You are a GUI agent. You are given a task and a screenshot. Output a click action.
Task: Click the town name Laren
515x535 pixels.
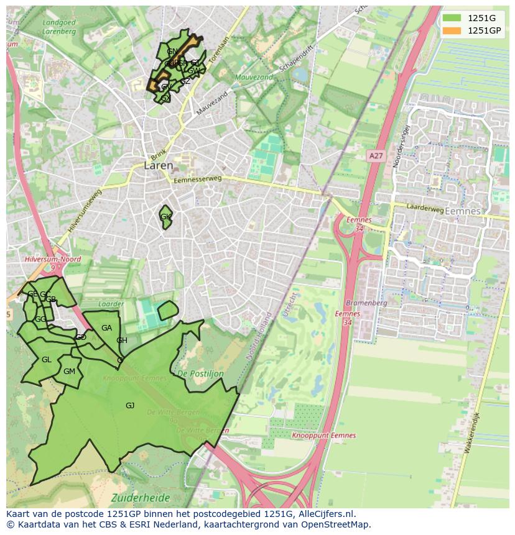158,166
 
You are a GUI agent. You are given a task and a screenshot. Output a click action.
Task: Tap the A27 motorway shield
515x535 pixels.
375,156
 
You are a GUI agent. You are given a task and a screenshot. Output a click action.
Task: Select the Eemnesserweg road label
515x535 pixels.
197,179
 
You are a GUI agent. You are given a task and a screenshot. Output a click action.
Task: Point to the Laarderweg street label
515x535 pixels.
426,209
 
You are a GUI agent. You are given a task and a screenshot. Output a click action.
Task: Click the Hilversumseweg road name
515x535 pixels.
85,212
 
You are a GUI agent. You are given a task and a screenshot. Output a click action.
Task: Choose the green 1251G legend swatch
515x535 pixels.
452,18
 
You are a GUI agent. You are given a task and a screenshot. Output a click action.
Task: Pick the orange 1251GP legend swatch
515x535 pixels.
452,30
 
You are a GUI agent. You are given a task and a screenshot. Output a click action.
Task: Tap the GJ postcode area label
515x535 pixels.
130,406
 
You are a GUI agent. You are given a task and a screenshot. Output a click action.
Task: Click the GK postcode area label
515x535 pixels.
165,217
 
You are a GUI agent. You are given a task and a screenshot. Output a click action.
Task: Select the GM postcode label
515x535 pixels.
69,372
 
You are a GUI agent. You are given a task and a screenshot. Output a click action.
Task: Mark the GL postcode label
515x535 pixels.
47,360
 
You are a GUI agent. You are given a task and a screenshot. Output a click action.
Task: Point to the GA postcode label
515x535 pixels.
106,328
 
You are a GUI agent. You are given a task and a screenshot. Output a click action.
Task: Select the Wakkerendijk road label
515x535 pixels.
472,432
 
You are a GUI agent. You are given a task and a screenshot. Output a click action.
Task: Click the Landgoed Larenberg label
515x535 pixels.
58,26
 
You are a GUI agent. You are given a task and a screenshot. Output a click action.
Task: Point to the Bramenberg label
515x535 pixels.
366,303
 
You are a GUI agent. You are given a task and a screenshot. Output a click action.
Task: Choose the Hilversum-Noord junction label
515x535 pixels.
53,259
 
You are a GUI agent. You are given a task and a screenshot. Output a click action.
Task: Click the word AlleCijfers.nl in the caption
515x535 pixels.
326,514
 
